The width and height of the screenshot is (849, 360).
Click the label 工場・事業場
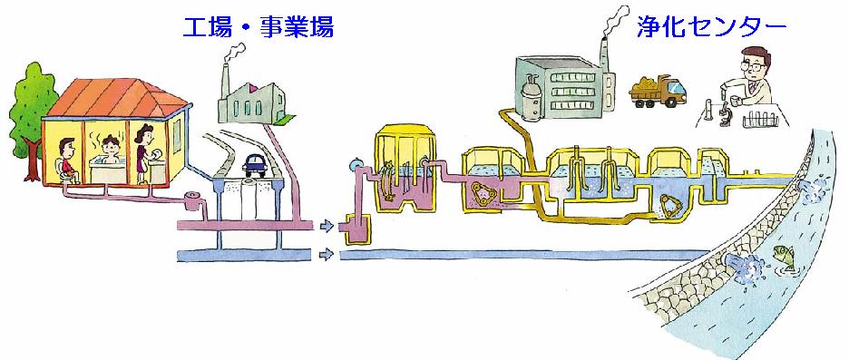[x=258, y=27]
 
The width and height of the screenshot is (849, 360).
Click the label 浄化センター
[x=710, y=27]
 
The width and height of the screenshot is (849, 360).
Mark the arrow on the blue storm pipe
[x=324, y=253]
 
